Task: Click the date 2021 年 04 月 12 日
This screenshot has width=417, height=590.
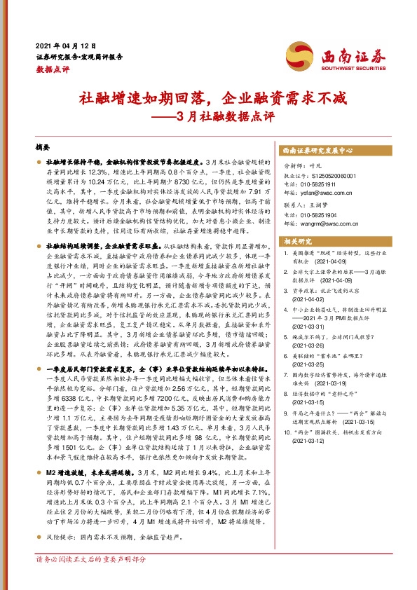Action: (65, 44)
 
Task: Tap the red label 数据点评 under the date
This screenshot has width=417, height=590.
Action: (53, 69)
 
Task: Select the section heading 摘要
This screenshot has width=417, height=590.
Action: (43, 148)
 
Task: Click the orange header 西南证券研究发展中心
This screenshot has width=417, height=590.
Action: (317, 150)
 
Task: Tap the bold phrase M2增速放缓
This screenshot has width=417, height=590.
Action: (65, 492)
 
